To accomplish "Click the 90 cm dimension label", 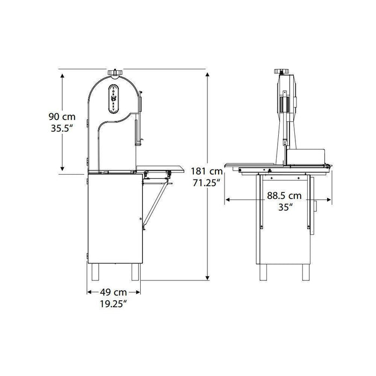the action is (62, 117).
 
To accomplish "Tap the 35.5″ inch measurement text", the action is (62, 128).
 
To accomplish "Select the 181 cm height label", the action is (207, 171).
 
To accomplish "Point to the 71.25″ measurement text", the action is (207, 183).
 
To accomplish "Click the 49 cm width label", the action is (113, 292).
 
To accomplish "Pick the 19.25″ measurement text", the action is (113, 304).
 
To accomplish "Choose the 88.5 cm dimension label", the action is (284, 196).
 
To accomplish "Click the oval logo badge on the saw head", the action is (114, 99).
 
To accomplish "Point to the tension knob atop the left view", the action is (115, 72).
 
